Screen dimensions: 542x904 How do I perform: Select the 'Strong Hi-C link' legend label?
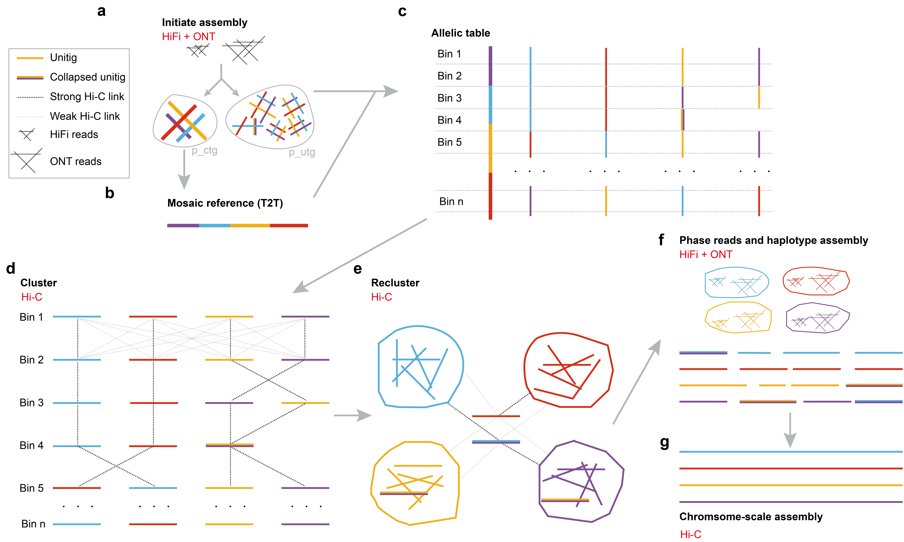pyautogui.click(x=87, y=97)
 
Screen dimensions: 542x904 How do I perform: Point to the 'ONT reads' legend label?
pyautogui.click(x=76, y=161)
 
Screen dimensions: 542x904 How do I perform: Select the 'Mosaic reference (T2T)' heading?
pyautogui.click(x=225, y=203)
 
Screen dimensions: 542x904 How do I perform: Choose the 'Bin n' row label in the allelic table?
pyautogui.click(x=451, y=202)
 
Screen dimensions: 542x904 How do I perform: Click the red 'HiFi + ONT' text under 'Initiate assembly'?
pyautogui.click(x=188, y=37)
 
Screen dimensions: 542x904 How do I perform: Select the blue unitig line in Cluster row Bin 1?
pyautogui.click(x=77, y=317)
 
